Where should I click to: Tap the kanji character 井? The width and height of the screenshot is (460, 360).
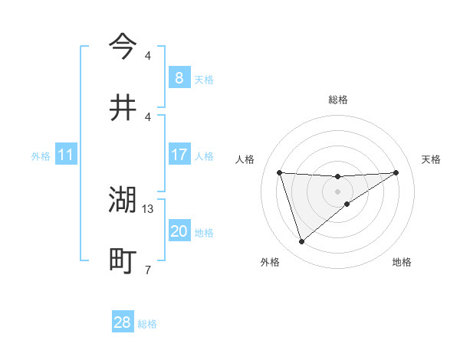click(x=123, y=108)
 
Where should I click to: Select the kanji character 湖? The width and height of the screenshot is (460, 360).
click(x=123, y=200)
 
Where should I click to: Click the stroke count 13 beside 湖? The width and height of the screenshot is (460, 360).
click(x=149, y=208)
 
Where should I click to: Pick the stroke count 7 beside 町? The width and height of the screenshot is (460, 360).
click(x=147, y=270)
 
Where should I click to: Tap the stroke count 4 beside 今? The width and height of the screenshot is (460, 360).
click(x=147, y=55)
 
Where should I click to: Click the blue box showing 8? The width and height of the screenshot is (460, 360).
click(x=179, y=78)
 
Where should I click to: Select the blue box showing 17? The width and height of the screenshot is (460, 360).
click(x=179, y=155)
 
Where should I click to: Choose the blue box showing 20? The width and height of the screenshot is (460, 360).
click(x=179, y=231)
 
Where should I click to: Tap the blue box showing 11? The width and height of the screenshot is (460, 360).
click(x=66, y=155)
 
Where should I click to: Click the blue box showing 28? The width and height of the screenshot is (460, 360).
click(x=123, y=322)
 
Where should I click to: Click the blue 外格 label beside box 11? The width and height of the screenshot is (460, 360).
click(x=41, y=156)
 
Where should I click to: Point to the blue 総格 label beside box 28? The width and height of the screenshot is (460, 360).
click(x=147, y=324)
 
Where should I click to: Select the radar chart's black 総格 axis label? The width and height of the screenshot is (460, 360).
click(x=338, y=100)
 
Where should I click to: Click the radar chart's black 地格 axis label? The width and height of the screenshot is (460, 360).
click(x=402, y=262)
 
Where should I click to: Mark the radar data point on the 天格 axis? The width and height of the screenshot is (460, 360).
click(x=396, y=172)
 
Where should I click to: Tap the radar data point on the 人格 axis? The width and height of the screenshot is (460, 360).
click(x=280, y=172)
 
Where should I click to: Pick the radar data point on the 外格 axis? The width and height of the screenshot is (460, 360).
click(x=302, y=242)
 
